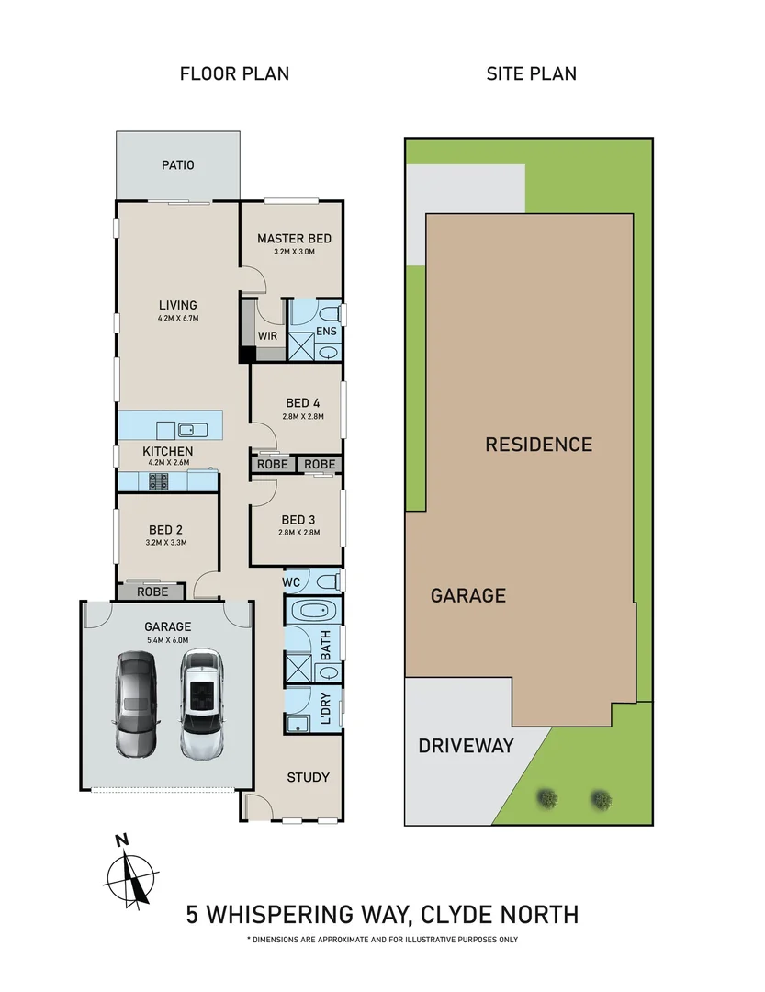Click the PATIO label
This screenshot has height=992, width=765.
coord(178,165)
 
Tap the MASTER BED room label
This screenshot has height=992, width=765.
coord(294,239)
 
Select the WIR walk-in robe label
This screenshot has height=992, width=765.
coord(267,336)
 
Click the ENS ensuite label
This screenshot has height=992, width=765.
coord(326,332)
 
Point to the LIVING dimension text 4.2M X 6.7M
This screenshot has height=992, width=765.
coord(177,319)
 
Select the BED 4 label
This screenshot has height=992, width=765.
coord(302,402)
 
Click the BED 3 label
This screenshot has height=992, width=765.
coord(298,519)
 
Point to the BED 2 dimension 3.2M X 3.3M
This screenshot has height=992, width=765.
coord(165,543)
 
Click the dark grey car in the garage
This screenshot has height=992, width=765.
coord(136,703)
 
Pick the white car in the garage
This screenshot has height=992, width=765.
coord(201,704)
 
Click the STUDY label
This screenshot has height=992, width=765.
coord(308,777)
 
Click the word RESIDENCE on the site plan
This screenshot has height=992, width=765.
coord(538,445)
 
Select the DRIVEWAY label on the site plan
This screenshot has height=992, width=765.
coord(466,745)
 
